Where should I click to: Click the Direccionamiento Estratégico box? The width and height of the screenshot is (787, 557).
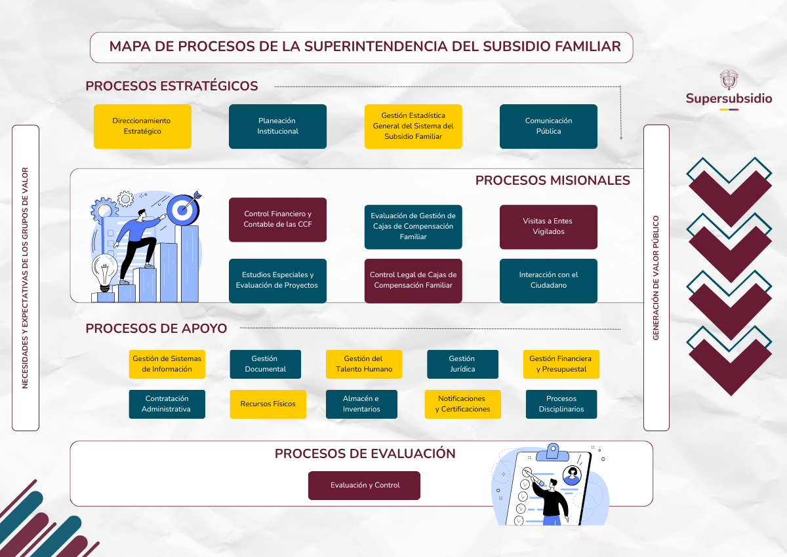pyautogui.click(x=142, y=126)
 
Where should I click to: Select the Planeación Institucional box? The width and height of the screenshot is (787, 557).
pyautogui.click(x=277, y=126)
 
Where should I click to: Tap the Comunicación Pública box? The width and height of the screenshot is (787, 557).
pyautogui.click(x=548, y=126)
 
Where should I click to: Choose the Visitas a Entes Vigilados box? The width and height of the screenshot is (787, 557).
pyautogui.click(x=548, y=227)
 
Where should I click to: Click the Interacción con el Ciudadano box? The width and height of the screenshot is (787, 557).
pyautogui.click(x=548, y=280)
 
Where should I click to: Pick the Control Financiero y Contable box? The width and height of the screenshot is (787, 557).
pyautogui.click(x=277, y=220)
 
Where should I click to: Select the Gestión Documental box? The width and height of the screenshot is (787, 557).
pyautogui.click(x=265, y=364)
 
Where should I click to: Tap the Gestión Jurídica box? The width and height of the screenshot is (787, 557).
pyautogui.click(x=462, y=364)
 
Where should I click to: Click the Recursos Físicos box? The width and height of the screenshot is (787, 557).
pyautogui.click(x=268, y=404)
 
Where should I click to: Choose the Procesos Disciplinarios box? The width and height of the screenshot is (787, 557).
pyautogui.click(x=561, y=404)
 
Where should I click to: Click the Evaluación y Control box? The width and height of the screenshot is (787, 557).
pyautogui.click(x=364, y=486)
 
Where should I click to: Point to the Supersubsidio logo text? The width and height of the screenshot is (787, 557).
pyautogui.click(x=729, y=99)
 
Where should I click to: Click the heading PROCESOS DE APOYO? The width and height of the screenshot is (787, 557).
pyautogui.click(x=156, y=329)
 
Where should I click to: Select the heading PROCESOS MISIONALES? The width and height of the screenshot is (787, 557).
pyautogui.click(x=552, y=181)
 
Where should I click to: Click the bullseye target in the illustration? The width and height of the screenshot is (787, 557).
pyautogui.click(x=182, y=209)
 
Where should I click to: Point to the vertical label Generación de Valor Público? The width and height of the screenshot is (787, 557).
pyautogui.click(x=656, y=278)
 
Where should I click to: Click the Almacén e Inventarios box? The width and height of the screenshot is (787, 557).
pyautogui.click(x=361, y=404)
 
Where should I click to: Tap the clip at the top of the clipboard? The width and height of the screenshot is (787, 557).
pyautogui.click(x=553, y=451)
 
